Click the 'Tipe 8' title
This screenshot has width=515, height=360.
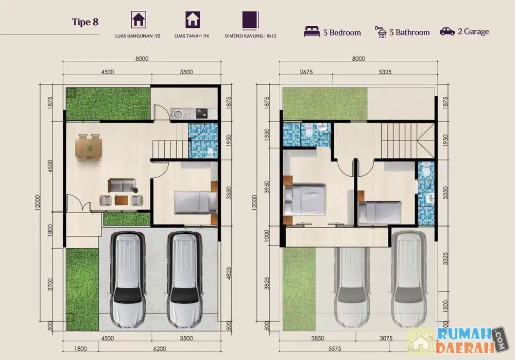pyautogui.click(x=85, y=22)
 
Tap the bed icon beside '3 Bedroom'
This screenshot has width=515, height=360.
pyautogui.click(x=312, y=32)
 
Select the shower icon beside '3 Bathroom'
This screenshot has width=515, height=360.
pyautogui.click(x=381, y=32)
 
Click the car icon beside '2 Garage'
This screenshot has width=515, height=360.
pyautogui.click(x=448, y=31)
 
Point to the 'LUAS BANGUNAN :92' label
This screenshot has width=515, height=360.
pyautogui.click(x=138, y=36)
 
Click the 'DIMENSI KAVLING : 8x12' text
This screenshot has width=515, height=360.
pyautogui.click(x=251, y=36)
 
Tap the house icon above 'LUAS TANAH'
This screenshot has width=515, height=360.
pyautogui.click(x=193, y=20)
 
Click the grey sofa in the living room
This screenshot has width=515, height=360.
pyautogui.click(x=122, y=185)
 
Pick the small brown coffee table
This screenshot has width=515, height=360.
pyautogui.click(x=122, y=200)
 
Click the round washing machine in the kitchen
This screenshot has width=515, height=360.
pyautogui.click(x=178, y=114)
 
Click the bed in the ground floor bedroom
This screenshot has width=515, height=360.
pyautogui.click(x=196, y=202)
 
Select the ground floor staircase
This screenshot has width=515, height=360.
pyautogui.click(x=170, y=149)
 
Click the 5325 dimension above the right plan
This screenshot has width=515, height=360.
pyautogui.click(x=385, y=72)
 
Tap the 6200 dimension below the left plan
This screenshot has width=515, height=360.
pyautogui.click(x=160, y=349)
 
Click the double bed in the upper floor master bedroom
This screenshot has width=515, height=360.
pyautogui.click(x=304, y=200)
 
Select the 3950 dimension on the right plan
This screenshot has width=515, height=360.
pyautogui.click(x=267, y=187)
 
